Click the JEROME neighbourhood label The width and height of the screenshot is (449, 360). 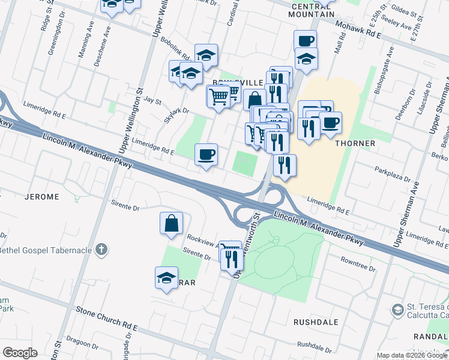click(x=41, y=197)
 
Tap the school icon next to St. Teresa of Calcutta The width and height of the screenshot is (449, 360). click(x=397, y=310)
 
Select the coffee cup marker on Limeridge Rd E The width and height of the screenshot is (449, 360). click(x=206, y=155)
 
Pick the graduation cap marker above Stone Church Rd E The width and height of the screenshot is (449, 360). click(x=166, y=278)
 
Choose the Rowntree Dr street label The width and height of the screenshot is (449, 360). click(x=358, y=265)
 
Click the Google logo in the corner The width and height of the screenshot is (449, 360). click(x=20, y=353)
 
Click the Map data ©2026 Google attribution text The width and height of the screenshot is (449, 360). click(x=412, y=355)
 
